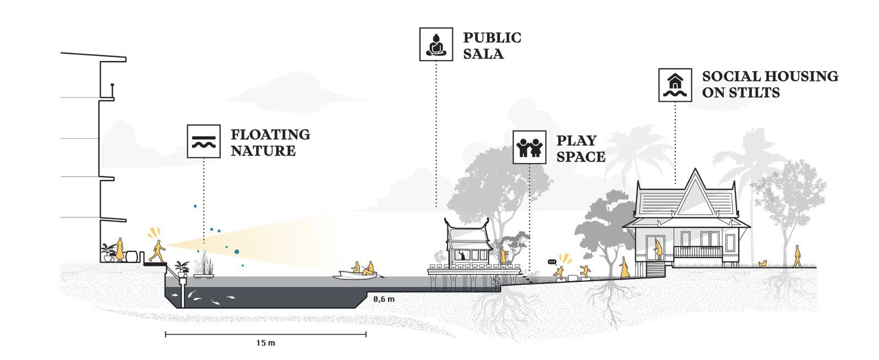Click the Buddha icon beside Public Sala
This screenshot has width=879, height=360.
click(x=436, y=44)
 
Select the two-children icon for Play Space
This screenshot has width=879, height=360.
click(x=529, y=147)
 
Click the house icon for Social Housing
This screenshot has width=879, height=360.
click(x=675, y=85)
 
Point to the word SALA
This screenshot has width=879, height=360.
click(x=483, y=54)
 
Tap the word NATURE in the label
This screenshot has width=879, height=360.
click(x=263, y=151)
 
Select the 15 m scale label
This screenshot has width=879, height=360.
click(x=265, y=343)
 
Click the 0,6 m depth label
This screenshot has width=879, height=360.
click(x=384, y=299)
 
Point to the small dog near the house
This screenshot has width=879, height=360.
click(x=763, y=264)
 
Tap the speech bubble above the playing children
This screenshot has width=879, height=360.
click(x=552, y=261)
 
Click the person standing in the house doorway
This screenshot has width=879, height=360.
click(x=657, y=247)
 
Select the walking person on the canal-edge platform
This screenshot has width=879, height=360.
click(x=157, y=252)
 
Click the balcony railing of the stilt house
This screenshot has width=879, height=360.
click(x=697, y=252)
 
